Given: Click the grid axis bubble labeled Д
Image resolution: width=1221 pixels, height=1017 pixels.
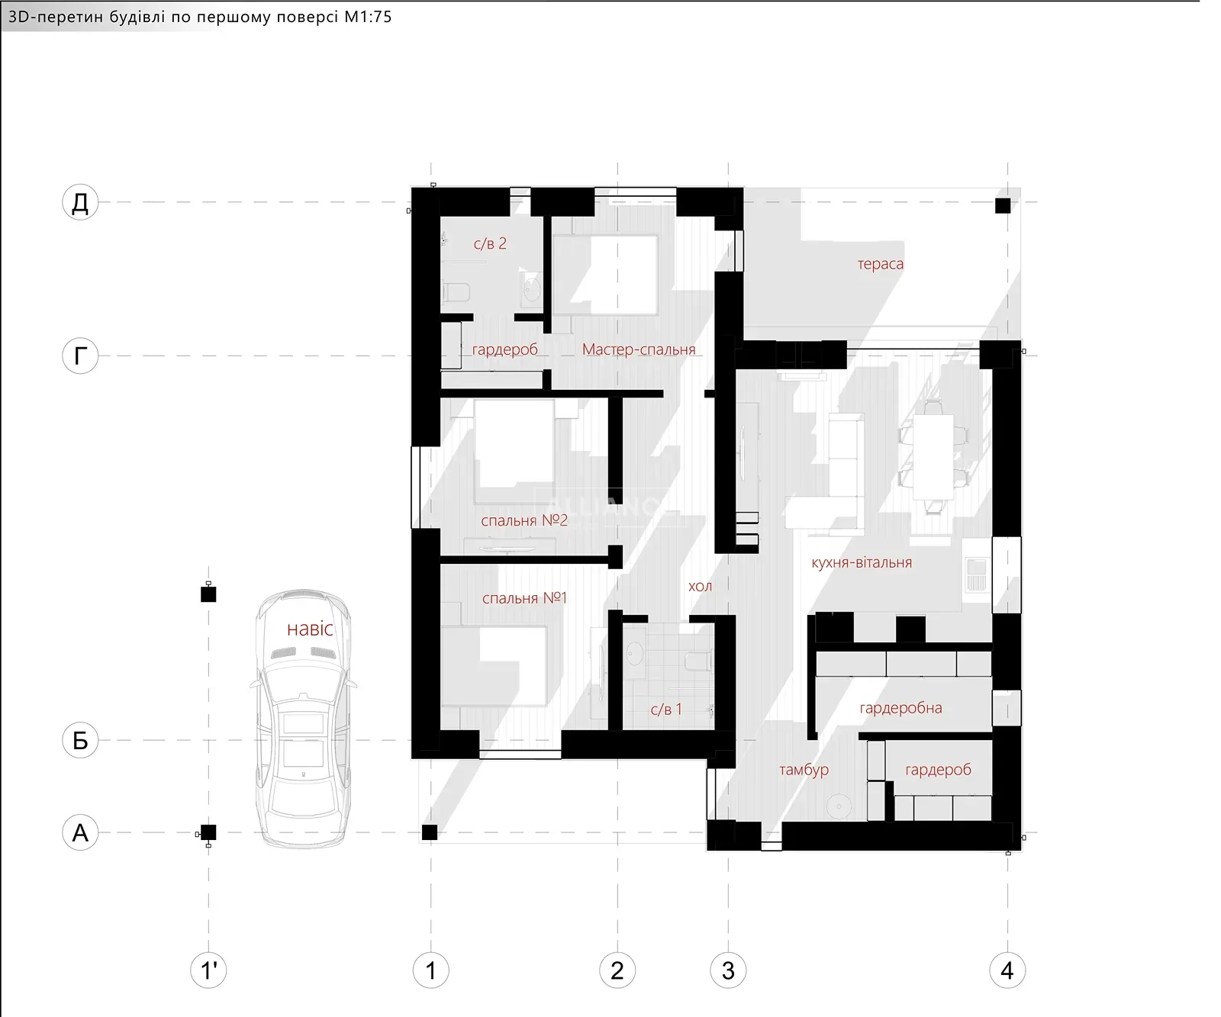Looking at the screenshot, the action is (80, 203).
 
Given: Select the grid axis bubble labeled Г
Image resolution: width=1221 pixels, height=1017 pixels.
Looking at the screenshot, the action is (80, 356).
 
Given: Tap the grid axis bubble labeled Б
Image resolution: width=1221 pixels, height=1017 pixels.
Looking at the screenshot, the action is (80, 740).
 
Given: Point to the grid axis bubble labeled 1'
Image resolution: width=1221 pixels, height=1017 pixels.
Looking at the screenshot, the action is (208, 970).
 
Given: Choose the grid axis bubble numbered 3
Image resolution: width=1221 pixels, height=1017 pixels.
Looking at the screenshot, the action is (728, 970).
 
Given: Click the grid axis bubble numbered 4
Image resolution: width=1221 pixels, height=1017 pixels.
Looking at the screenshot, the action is (1007, 970).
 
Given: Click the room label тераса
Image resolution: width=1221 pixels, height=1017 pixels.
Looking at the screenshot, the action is (880, 265).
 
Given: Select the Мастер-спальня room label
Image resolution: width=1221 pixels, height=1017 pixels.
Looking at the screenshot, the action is (639, 349).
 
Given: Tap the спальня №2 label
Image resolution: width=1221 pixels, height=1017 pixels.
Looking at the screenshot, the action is (524, 520).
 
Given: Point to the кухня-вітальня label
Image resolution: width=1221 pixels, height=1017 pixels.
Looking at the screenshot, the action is (862, 562).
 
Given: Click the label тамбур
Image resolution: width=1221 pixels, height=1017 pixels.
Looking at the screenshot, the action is (804, 770).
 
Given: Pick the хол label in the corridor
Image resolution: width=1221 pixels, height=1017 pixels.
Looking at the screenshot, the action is (700, 586).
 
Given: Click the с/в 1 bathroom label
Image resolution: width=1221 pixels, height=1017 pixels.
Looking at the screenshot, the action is (666, 710).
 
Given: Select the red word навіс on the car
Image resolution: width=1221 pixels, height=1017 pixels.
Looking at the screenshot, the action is (310, 629).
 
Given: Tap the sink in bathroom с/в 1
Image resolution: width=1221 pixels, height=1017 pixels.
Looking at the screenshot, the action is (635, 653).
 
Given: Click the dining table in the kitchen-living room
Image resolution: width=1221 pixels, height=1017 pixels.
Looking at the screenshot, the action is (933, 456).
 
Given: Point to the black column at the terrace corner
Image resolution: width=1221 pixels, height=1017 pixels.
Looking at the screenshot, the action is (1003, 205).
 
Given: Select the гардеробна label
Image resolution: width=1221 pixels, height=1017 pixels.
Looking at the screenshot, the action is (900, 708).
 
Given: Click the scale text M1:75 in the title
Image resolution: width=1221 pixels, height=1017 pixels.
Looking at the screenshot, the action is (368, 17).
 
